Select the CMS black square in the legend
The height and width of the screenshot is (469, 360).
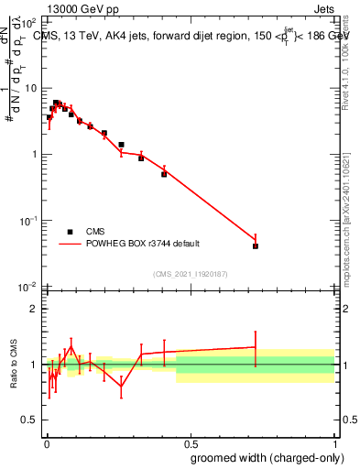point(70,232)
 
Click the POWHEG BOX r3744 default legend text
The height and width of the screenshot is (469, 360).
point(143,244)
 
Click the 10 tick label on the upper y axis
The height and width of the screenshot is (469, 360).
point(33,88)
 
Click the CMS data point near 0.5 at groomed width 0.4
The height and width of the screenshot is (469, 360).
point(164,174)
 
